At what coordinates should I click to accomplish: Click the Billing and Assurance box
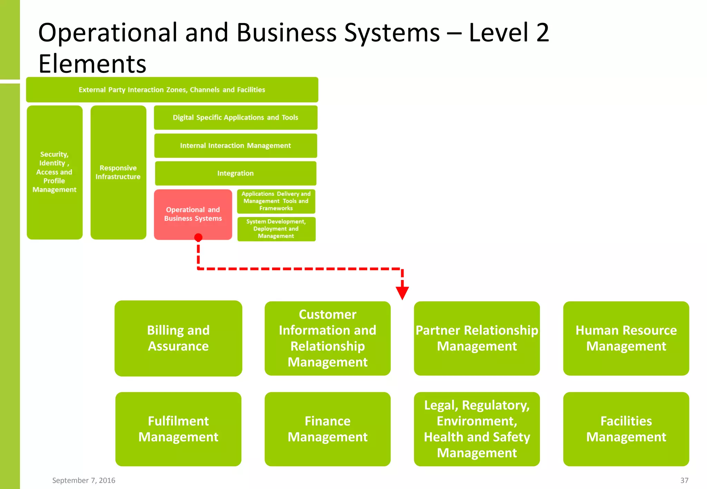178,338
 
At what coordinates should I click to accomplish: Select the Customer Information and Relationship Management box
327,338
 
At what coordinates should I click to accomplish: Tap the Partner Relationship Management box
476,338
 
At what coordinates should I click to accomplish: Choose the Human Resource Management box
626,338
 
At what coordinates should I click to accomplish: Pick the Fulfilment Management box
178,429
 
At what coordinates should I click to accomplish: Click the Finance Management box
327,429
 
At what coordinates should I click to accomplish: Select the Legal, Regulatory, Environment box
476,429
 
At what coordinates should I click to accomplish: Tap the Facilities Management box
626,429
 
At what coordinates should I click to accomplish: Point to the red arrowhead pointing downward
402,292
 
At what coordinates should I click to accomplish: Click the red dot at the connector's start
198,237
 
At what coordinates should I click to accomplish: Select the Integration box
235,173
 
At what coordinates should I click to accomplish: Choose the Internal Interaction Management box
235,146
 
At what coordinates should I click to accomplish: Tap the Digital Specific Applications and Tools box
235,117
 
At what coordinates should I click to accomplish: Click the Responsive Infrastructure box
118,172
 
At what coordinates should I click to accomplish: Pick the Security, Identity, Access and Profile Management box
55,172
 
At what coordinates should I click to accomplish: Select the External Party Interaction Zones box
172,90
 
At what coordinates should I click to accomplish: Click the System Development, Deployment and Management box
276,229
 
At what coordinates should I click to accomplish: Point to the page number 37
684,480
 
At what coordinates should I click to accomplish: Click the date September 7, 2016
84,480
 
